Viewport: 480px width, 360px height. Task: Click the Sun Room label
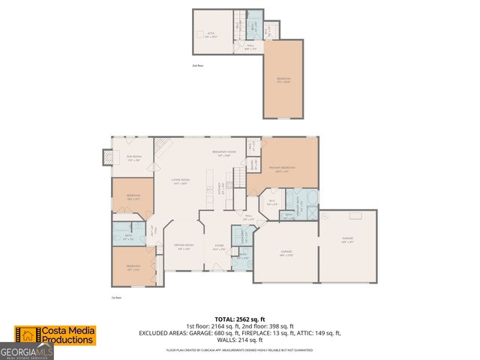[133, 158]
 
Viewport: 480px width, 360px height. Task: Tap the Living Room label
[180, 181]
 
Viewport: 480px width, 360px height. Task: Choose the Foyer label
[219, 245]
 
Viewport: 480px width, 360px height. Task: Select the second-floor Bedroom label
[283, 79]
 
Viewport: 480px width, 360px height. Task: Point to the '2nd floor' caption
[197, 66]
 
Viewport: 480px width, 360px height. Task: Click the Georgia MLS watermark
[26, 352]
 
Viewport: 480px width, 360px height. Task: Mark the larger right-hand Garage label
[348, 240]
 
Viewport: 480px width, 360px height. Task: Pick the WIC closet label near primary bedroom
[272, 200]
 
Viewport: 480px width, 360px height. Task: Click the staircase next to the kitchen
[238, 178]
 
